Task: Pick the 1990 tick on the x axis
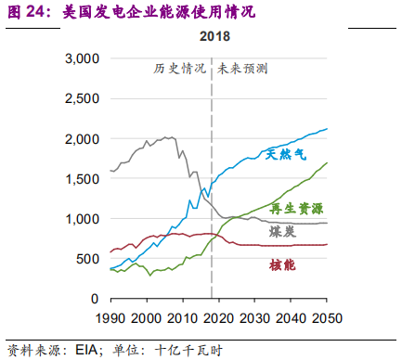[x=110, y=317]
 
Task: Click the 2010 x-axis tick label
[x=182, y=317]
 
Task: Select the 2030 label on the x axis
[x=253, y=317]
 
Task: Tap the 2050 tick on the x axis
[x=324, y=317]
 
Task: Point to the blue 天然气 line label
[x=286, y=153]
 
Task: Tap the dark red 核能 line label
[x=283, y=265]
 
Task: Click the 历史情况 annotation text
[x=178, y=70]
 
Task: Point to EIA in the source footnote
[x=74, y=350]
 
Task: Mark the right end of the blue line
[x=327, y=129]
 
